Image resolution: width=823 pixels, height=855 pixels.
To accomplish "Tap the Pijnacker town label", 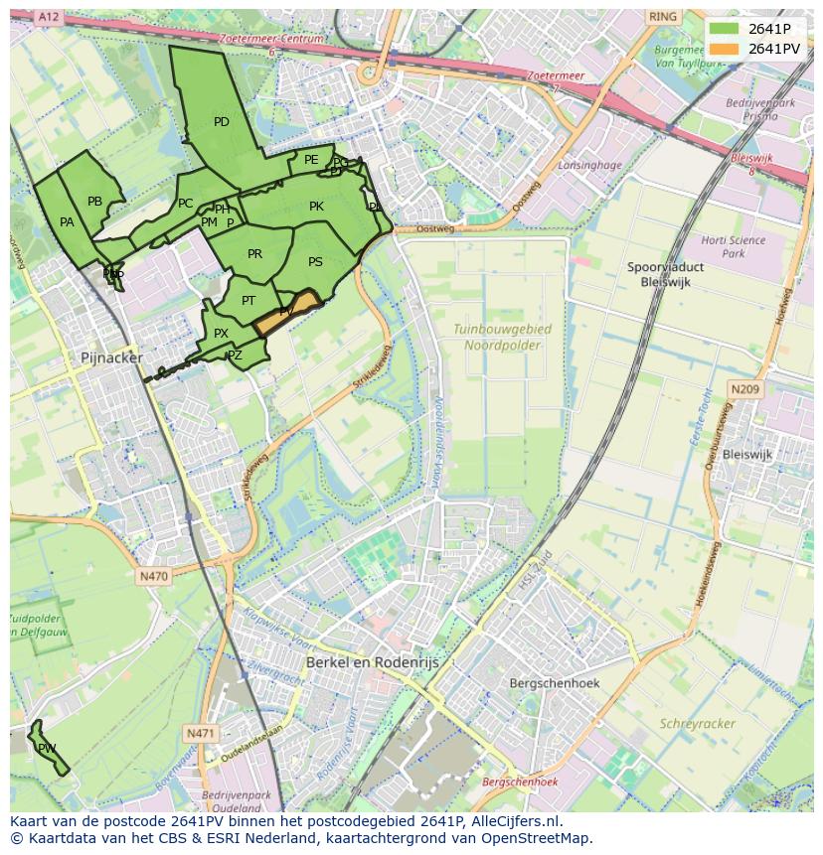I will click(x=111, y=357).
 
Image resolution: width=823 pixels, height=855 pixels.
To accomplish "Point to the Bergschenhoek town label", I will click(x=554, y=683).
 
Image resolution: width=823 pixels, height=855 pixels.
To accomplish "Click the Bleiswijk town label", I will click(x=747, y=454).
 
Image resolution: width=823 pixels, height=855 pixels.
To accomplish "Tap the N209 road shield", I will click(x=744, y=390).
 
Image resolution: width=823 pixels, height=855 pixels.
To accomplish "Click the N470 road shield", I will click(x=154, y=576).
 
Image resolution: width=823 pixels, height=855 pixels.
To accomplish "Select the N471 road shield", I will click(x=200, y=733).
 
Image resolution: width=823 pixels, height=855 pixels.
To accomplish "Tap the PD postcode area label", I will click(x=222, y=122).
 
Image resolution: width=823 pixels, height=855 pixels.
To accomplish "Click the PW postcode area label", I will click(x=47, y=748).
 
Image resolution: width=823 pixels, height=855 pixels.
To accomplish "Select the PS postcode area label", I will click(x=315, y=262).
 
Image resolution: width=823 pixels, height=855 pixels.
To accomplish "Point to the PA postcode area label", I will click(x=67, y=222).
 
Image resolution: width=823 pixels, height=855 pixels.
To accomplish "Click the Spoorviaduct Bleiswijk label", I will click(x=666, y=274).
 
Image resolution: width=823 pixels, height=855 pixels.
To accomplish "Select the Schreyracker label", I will click(x=698, y=724).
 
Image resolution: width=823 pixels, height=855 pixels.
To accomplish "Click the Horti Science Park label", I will click(x=733, y=246).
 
